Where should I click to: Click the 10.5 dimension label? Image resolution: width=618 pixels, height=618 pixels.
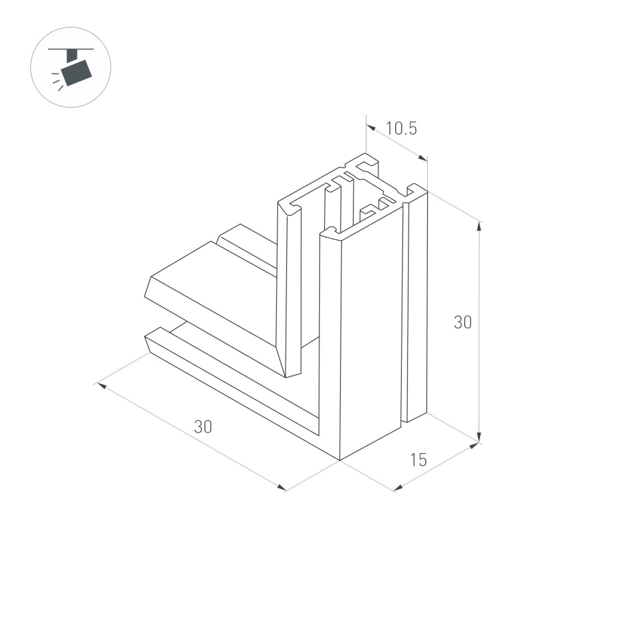pyautogui.click(x=402, y=128)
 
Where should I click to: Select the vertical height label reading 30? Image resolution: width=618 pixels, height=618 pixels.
pyautogui.click(x=463, y=322)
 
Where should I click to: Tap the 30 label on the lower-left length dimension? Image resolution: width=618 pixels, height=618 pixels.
pyautogui.click(x=203, y=426)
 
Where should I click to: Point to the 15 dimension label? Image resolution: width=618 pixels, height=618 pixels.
pyautogui.click(x=418, y=460)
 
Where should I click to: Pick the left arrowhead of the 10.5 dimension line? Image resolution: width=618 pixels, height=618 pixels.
pyautogui.click(x=369, y=126)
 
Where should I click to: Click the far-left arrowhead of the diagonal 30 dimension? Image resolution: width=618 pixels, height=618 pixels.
pyautogui.click(x=100, y=386)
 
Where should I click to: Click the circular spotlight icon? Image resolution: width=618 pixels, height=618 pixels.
pyautogui.click(x=71, y=67)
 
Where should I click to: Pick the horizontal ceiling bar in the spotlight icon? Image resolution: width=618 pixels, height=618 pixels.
pyautogui.click(x=71, y=49)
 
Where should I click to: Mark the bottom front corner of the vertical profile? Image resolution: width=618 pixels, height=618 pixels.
pyautogui.click(x=340, y=459)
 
